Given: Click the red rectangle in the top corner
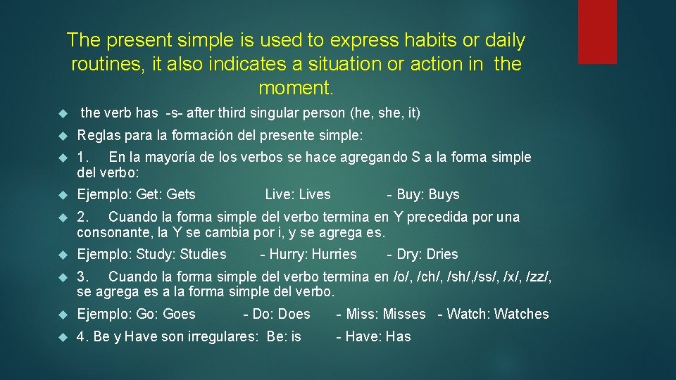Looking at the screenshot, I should coord(597,32).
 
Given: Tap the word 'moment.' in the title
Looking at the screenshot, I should coord(296,89).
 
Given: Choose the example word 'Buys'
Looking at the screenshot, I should coord(444,194).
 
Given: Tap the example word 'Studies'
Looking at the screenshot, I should coord(204,254).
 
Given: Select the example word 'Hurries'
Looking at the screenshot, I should coord(334,254).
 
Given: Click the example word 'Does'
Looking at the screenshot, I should coord(294,314).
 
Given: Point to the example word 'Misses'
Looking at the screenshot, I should coord(404,314).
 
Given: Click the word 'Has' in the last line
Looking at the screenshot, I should coord(398,336).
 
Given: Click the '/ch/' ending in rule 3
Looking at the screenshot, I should coord(428,277).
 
